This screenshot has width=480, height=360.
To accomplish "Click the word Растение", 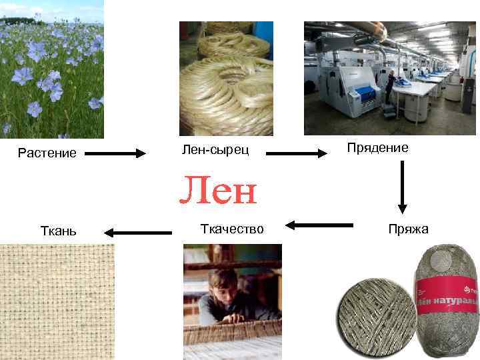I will [x=47, y=153].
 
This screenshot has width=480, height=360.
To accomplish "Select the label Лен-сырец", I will [x=215, y=149].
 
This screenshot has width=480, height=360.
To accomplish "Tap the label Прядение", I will [x=377, y=147].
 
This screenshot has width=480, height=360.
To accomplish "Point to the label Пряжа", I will [x=408, y=229].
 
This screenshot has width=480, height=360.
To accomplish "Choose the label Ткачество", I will [x=232, y=229].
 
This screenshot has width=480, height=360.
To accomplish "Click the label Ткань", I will [x=59, y=231].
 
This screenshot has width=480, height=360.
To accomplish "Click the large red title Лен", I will [x=217, y=191].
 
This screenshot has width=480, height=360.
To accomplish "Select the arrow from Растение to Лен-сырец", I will [x=115, y=153].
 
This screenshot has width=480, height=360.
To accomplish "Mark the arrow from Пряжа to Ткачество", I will [x=323, y=225].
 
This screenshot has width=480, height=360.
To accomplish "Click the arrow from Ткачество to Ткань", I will [x=138, y=233].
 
